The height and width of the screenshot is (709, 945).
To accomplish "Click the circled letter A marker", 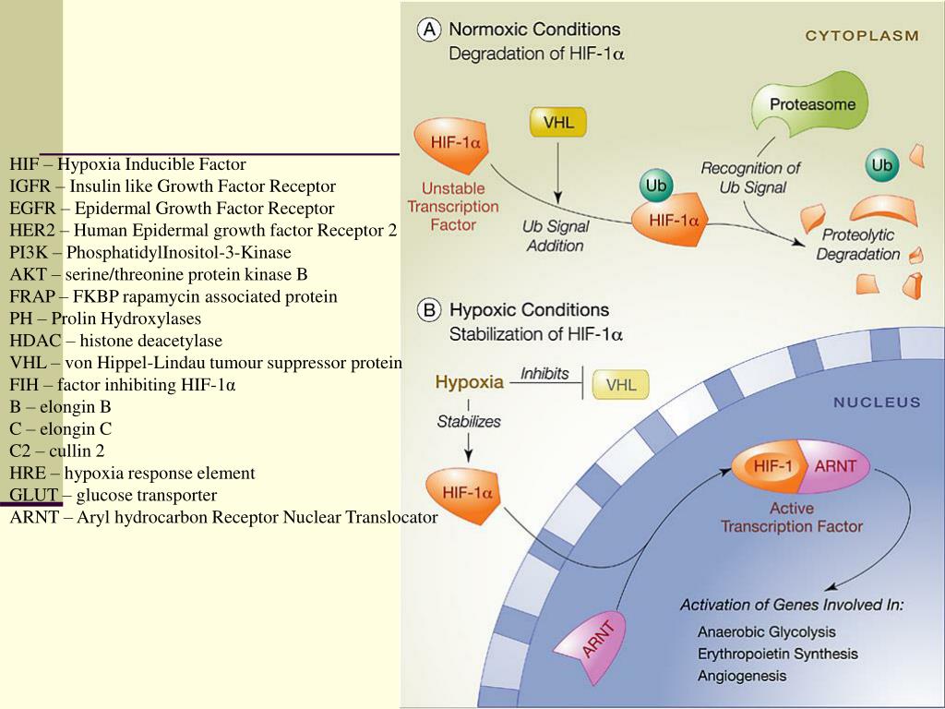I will coord(429,30).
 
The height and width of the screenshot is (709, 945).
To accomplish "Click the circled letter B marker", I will coord(429,310).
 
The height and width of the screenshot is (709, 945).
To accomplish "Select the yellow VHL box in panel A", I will coord(557,123).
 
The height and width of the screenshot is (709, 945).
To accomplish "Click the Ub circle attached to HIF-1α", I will coord(656,186).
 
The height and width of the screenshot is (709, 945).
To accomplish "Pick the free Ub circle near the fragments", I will coord(882,166).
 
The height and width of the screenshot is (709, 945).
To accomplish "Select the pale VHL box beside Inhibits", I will coord(620,384).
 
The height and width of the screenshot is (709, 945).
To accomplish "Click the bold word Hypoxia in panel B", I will coord(469,381).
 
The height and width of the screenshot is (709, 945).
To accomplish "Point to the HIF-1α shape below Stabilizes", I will coord(464,493).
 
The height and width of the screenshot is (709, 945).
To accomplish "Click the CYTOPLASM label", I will coord(862,36).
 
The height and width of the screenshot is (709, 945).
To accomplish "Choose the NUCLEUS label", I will coord(877,403).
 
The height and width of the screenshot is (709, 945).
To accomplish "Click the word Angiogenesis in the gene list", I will coord(742,676).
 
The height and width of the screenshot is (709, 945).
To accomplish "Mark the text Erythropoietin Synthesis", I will coord(777,654).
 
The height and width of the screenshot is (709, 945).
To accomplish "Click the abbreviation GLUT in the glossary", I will coord(34,496).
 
